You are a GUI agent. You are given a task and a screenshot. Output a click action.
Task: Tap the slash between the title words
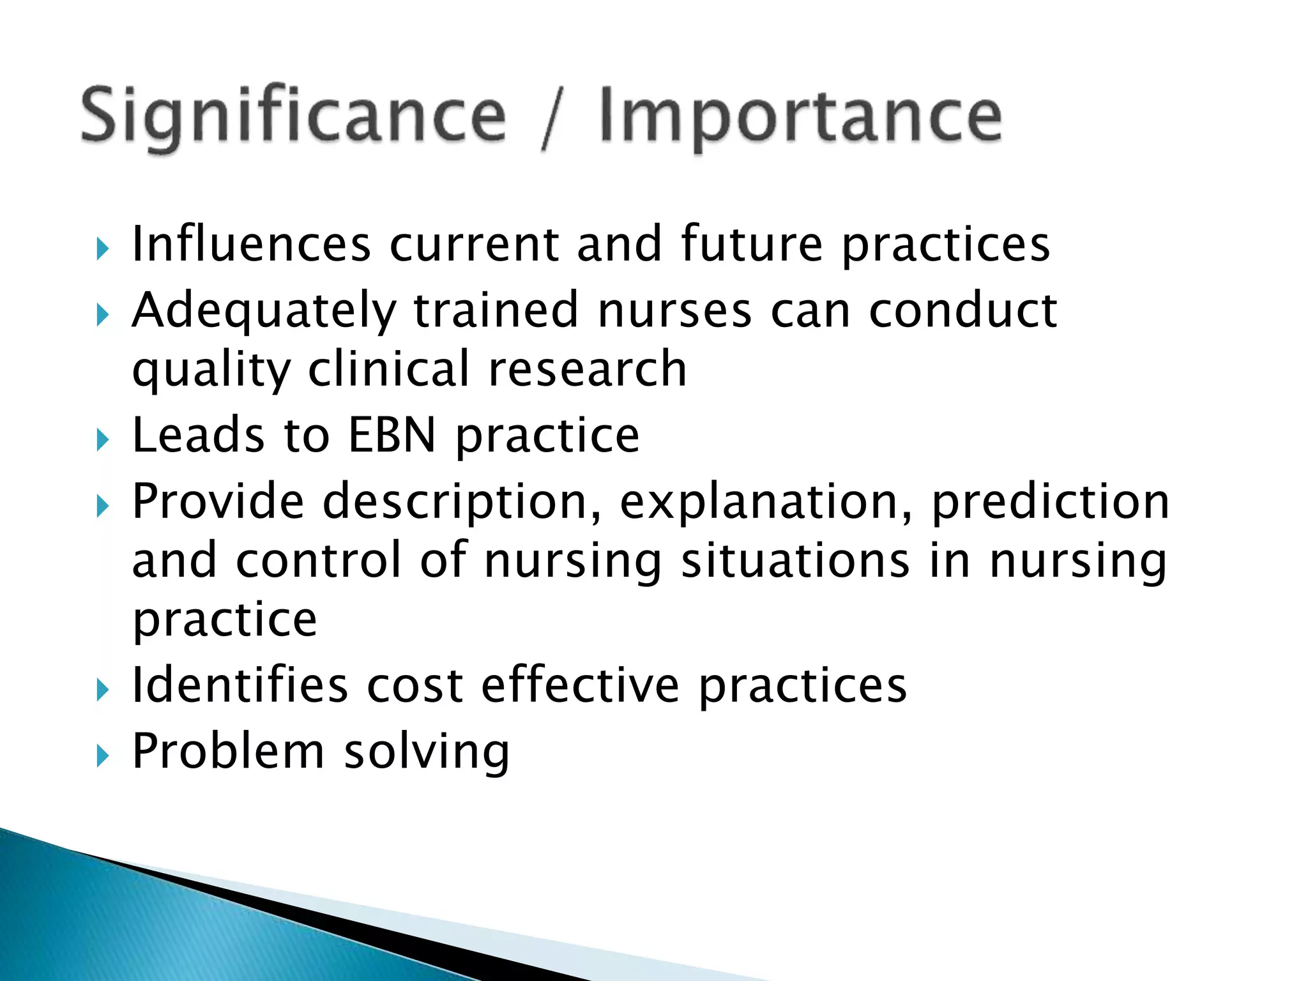point(552,118)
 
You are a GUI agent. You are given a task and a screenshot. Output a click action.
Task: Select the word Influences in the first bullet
point(251,244)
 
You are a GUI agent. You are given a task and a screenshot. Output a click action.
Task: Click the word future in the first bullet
point(752,244)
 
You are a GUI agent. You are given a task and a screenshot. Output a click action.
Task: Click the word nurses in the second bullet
point(675,310)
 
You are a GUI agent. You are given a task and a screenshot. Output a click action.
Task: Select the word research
point(587,370)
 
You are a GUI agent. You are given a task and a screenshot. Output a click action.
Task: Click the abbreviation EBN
point(392,435)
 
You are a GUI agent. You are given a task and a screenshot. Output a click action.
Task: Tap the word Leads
point(198,435)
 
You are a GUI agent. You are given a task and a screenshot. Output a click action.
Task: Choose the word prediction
point(1050,503)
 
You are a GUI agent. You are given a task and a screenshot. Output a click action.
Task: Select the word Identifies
point(240,685)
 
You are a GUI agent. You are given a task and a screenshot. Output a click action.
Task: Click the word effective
point(580,685)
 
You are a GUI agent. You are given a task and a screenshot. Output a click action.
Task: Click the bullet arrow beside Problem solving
point(102,756)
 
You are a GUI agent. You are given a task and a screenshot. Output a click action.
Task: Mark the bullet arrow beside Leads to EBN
point(102,440)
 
